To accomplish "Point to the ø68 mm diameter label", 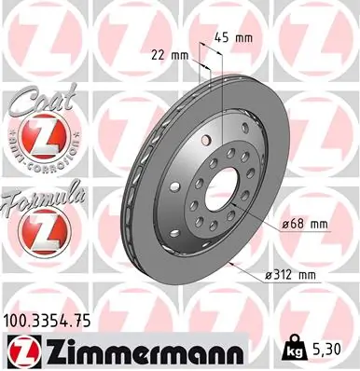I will [302, 224].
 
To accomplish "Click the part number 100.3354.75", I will [53, 321].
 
